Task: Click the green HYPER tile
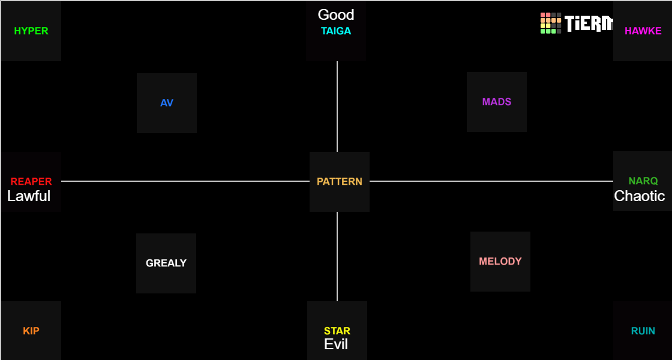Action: [31, 31]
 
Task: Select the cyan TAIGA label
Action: [336, 31]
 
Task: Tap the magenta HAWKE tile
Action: [643, 31]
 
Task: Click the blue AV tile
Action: [167, 103]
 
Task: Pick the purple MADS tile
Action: [497, 102]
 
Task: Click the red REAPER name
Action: [31, 181]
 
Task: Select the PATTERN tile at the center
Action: [340, 182]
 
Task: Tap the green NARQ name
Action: [643, 181]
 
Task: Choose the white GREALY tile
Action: [166, 263]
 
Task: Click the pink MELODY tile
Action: [500, 262]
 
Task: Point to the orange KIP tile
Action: [31, 331]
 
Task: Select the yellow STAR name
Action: [337, 331]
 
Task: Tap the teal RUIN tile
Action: [643, 331]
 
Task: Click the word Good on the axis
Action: [336, 15]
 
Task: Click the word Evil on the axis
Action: [336, 344]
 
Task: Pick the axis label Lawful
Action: [29, 196]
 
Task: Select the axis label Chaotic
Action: [640, 196]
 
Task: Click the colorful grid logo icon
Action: [551, 23]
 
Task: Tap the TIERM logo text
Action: [589, 24]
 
